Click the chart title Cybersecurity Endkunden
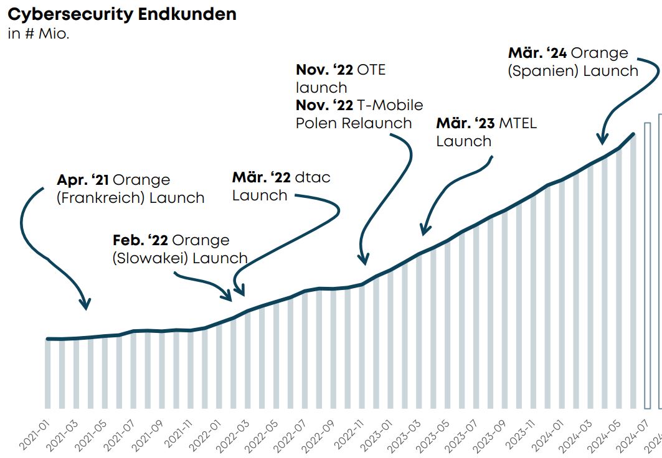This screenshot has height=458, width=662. [121, 14]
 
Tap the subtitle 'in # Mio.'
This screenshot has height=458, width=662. [38, 34]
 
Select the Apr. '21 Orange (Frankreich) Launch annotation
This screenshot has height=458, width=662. [130, 189]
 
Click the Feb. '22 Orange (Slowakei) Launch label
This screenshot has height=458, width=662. [179, 249]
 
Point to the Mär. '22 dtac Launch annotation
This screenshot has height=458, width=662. [281, 186]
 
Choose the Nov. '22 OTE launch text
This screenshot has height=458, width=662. [340, 78]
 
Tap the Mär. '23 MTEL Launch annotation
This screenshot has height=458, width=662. [486, 132]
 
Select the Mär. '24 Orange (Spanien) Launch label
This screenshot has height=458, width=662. [573, 62]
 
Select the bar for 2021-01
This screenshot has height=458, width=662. [48, 373]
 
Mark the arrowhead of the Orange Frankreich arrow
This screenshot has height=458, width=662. [85, 305]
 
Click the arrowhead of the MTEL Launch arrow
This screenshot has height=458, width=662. [423, 231]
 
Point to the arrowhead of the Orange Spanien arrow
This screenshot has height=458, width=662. [601, 139]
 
